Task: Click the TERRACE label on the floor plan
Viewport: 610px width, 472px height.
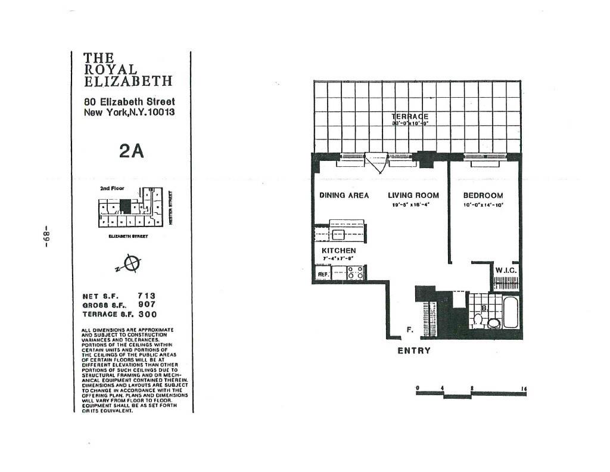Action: click(x=410, y=117)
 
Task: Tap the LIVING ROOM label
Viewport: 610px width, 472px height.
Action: click(x=413, y=195)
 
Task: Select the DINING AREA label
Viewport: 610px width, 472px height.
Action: click(x=344, y=195)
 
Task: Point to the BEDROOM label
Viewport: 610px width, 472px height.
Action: click(x=483, y=195)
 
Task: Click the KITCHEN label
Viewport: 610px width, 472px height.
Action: click(x=338, y=250)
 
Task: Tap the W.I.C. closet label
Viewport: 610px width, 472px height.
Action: click(x=507, y=271)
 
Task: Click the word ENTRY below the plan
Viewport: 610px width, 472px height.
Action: click(x=413, y=350)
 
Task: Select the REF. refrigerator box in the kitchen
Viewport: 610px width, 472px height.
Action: click(x=323, y=274)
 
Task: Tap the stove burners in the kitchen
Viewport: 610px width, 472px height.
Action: click(x=355, y=272)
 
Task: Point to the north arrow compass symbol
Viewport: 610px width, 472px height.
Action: click(x=133, y=262)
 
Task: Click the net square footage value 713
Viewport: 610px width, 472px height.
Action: click(x=147, y=295)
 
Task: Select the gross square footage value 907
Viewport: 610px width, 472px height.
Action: click(x=147, y=304)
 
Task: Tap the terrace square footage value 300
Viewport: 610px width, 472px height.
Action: click(x=147, y=313)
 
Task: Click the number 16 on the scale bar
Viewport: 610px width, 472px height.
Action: click(x=524, y=389)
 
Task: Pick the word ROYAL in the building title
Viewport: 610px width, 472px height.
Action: click(x=111, y=69)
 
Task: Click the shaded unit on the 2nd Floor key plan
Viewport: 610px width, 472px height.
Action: click(x=125, y=206)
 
